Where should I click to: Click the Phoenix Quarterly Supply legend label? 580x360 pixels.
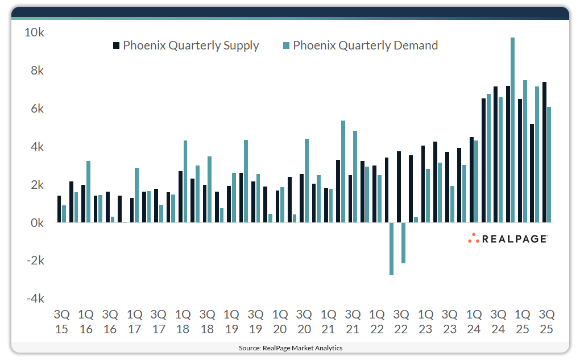[x=191, y=45]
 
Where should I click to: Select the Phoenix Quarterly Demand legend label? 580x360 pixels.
[x=366, y=45]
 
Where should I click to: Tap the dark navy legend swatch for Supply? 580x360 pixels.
[x=117, y=45]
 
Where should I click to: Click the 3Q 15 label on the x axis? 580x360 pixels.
[x=61, y=321]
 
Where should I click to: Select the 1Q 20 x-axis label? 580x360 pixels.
[x=280, y=321]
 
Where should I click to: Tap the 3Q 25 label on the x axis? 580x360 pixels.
[x=547, y=321]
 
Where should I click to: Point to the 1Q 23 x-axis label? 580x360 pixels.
[x=425, y=321]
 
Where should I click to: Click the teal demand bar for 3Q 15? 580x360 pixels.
[x=64, y=214]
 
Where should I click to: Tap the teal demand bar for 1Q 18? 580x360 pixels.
[x=185, y=181]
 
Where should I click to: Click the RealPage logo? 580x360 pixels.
[x=508, y=239]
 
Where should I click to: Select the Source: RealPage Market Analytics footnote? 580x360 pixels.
[x=290, y=347]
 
